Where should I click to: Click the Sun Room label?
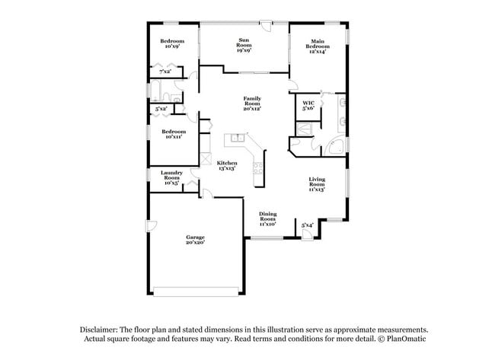coord(244,45)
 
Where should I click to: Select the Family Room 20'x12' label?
coord(252,104)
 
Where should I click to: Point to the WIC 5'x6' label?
coord(308,106)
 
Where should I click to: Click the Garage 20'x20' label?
coord(195,240)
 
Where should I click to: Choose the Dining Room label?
coord(267,219)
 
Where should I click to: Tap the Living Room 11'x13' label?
coord(317,184)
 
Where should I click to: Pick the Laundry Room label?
coord(171,177)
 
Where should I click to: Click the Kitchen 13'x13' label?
coord(227,166)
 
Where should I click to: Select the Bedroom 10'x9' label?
coord(171,43)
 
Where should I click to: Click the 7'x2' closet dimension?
coord(165,71)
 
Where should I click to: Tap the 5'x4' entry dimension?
coord(307,225)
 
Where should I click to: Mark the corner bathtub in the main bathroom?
coord(336,148)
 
